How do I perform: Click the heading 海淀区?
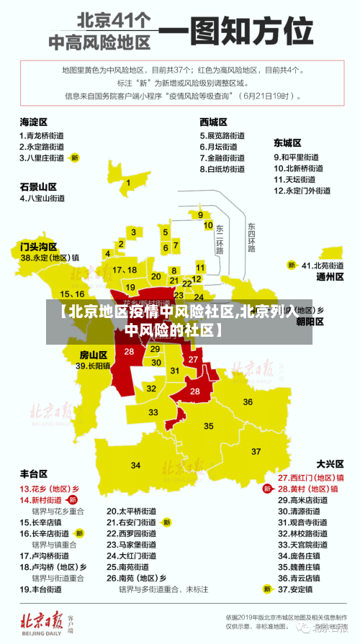tap(34, 122)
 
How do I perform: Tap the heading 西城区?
tap(214, 122)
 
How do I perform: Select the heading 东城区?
tap(287, 142)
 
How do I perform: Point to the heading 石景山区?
tap(38, 186)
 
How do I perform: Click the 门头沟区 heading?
tap(38, 246)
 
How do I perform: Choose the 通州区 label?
tap(330, 276)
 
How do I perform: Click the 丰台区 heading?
tap(34, 474)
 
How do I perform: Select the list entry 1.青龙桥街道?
tap(41, 135)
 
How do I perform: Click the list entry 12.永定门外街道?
tap(302, 191)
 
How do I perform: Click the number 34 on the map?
tap(136, 466)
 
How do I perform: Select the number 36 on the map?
tap(248, 402)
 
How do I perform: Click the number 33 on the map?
tap(153, 412)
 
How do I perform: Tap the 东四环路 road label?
tap(251, 237)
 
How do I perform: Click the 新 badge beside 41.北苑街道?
tap(292, 265)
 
